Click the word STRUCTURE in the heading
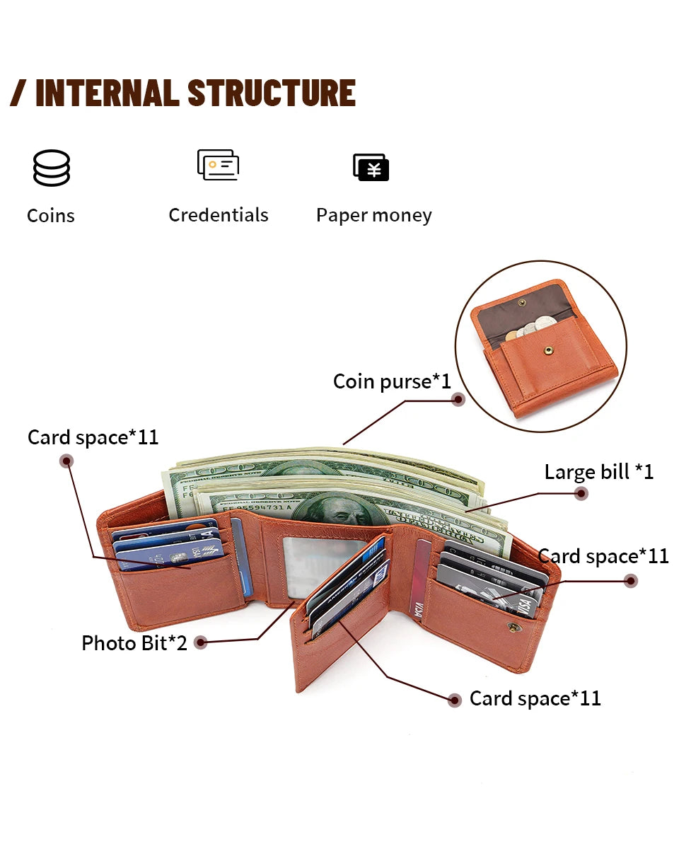coord(272,93)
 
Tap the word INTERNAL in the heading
coord(106,93)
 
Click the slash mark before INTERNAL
coord(18,93)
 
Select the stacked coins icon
coord(51,168)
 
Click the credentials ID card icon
coord(218,165)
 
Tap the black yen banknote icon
coord(371,168)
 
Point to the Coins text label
coord(51,215)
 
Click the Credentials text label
coord(218,215)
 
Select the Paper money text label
coord(373,215)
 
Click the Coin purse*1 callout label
coord(392,382)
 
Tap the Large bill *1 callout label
coord(598,472)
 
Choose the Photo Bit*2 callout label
coord(134,643)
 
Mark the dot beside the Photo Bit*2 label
coord(201,643)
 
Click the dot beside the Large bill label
coord(581,494)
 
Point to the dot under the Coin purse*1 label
coord(458,400)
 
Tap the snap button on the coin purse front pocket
coord(547,347)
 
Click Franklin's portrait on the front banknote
coord(339,510)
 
